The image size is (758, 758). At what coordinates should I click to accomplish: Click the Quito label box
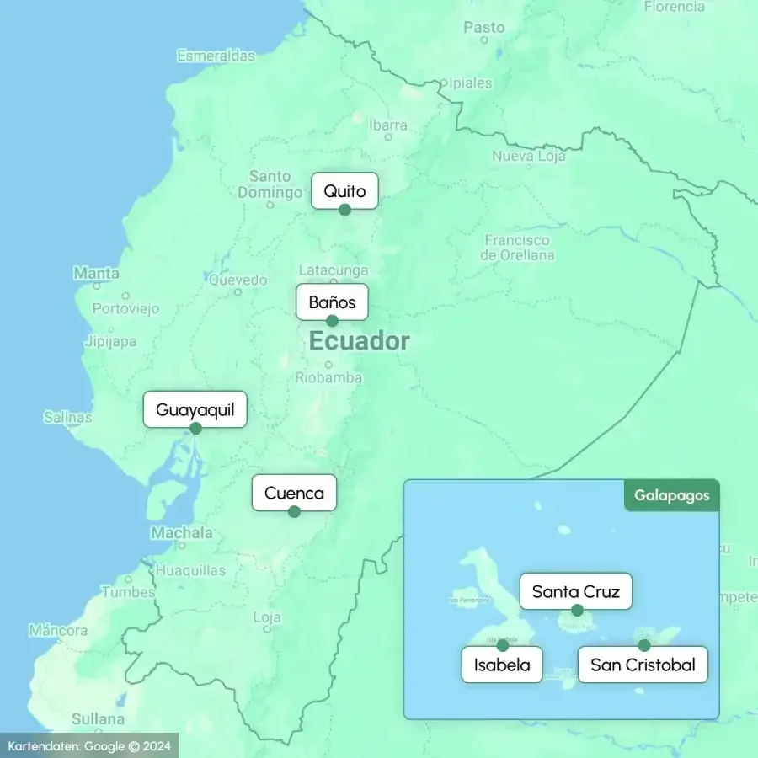point(344,190)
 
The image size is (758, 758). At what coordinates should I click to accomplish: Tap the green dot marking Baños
point(332,321)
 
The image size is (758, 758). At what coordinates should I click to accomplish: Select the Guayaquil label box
point(195,410)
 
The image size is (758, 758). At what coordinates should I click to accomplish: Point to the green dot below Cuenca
point(294,511)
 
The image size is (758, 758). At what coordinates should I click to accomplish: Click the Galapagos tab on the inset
point(671,495)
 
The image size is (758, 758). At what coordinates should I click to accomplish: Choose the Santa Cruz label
point(575,591)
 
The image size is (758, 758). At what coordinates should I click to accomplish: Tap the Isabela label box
point(502,665)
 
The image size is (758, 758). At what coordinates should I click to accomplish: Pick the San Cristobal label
point(643,665)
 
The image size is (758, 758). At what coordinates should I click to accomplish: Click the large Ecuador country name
point(359,341)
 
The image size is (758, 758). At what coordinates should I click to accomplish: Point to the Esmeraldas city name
point(216,56)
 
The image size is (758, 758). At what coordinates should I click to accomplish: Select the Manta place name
point(96,273)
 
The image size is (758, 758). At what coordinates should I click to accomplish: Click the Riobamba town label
point(328,378)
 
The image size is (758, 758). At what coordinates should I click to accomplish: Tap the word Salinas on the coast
point(67,417)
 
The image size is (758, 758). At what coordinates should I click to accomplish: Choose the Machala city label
point(182,532)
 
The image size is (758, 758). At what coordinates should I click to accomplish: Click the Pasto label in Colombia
point(483,28)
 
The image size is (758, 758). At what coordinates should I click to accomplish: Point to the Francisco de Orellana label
point(519,248)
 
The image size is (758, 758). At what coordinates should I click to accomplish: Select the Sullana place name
point(98,719)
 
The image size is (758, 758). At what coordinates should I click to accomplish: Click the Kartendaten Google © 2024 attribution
point(89,745)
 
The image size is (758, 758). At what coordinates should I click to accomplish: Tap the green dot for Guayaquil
point(195,428)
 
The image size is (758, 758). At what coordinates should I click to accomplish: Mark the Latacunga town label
point(334,270)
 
